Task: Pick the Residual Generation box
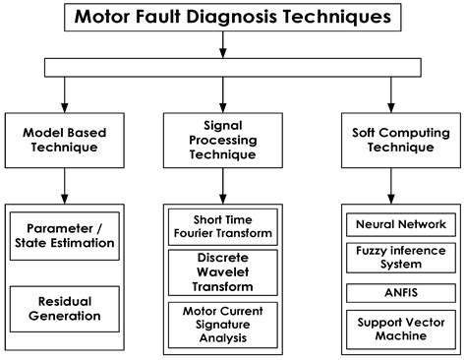tap(64, 309)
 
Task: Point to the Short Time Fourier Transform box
tap(221, 227)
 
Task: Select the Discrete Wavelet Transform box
tap(221, 271)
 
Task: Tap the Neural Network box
tap(399, 224)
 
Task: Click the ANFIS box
tap(399, 292)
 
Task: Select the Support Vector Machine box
tap(399, 327)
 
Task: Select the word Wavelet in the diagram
tap(221, 271)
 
